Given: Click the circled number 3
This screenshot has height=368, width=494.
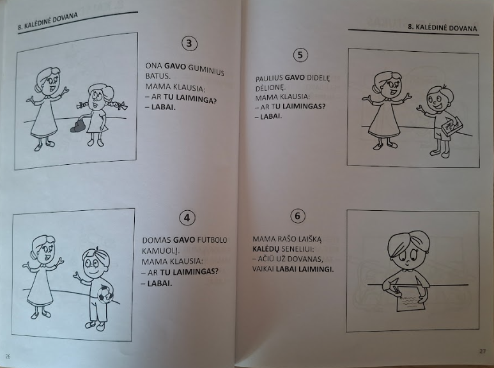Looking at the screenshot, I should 189,43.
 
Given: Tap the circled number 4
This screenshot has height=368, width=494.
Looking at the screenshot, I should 187,217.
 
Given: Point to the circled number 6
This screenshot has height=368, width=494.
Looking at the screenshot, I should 297,216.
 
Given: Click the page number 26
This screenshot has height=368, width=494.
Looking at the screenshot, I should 8,356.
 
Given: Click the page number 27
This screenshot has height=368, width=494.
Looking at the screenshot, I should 482,350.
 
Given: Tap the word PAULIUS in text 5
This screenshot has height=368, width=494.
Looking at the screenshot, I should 269,79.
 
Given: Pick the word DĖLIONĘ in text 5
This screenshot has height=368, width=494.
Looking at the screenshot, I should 269,88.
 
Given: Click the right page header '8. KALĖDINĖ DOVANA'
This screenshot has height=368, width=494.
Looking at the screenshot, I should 442,29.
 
